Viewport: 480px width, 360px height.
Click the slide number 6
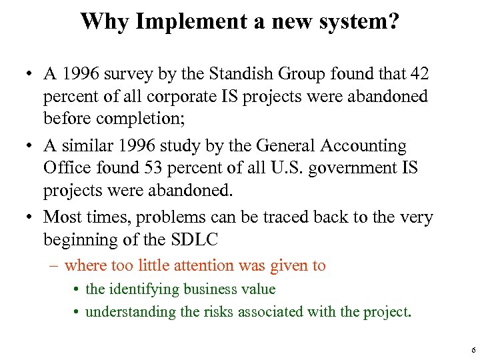click(472, 349)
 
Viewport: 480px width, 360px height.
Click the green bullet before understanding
click(77, 311)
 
